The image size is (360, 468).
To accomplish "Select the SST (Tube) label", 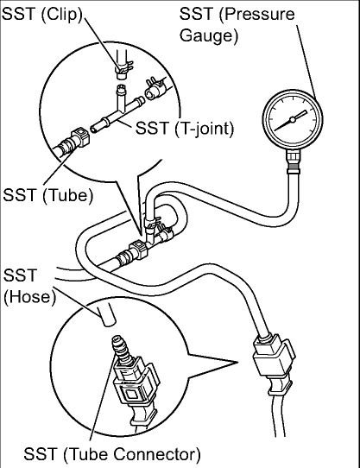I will [x=47, y=194].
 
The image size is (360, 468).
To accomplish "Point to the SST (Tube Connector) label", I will [x=111, y=453].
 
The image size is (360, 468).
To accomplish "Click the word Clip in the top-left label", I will [x=58, y=15].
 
